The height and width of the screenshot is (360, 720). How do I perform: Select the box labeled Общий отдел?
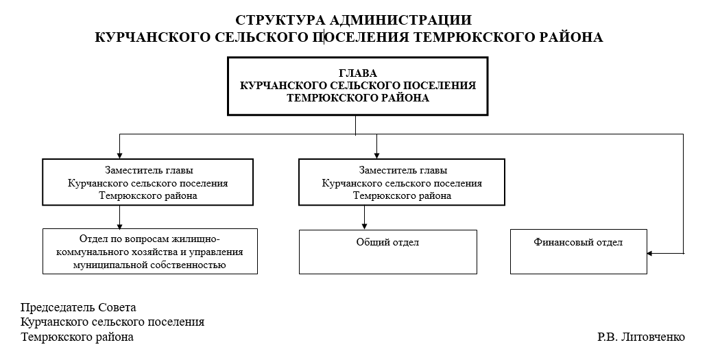387,252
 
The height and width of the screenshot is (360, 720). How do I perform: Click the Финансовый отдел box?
578,252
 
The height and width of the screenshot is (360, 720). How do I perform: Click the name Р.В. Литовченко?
640,337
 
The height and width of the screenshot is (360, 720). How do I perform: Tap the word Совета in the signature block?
118,307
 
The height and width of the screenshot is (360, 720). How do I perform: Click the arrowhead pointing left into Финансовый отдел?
651,254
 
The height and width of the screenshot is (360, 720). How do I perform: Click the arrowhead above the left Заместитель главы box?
120,156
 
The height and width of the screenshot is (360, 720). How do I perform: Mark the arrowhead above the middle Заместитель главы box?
376,156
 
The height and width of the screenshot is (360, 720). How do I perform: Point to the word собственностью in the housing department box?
194,264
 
